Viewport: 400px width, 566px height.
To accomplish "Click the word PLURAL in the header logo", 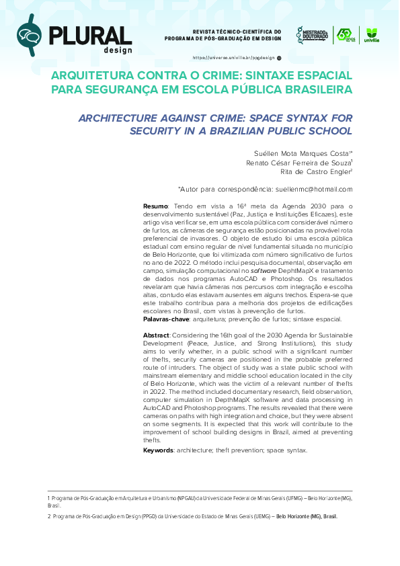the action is (x=90, y=34).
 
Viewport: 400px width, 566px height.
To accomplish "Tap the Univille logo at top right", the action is (x=371, y=35).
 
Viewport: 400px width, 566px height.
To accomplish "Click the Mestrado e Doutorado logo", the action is (x=312, y=35).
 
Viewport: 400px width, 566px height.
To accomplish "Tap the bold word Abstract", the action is (x=156, y=335).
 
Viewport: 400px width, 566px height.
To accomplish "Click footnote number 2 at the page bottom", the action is (x=49, y=516).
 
